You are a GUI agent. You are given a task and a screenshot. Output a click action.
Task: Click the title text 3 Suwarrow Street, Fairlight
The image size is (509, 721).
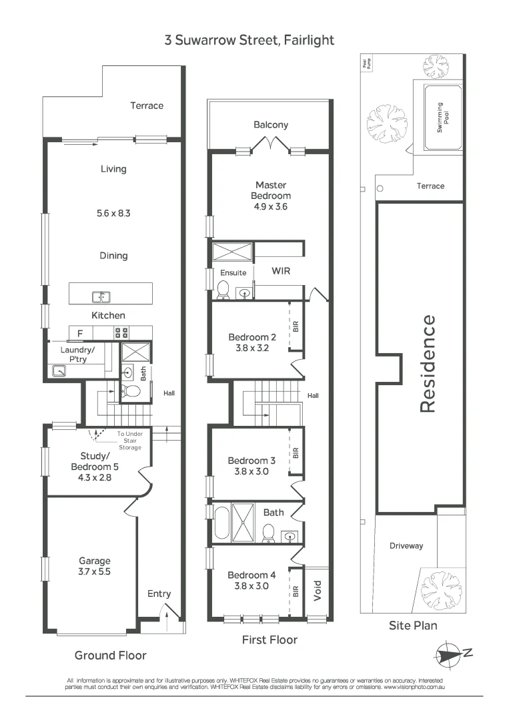tap(249, 41)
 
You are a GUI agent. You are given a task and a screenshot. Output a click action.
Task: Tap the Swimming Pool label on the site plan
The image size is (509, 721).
tap(439, 117)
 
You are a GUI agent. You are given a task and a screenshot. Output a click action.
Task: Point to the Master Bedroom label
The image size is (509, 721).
tap(271, 190)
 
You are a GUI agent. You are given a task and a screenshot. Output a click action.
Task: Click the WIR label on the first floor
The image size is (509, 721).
tap(280, 272)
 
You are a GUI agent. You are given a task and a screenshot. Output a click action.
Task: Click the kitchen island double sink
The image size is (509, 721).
tap(102, 296)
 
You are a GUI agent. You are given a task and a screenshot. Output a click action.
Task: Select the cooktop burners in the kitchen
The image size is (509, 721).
tap(121, 332)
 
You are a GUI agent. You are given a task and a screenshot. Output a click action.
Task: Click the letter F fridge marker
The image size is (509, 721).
tap(80, 332)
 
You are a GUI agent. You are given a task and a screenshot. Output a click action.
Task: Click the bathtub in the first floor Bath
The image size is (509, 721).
tap(221, 523)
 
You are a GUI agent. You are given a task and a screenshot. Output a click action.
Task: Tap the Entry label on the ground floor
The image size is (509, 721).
tap(159, 593)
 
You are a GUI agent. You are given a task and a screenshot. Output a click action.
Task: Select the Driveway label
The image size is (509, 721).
tap(406, 545)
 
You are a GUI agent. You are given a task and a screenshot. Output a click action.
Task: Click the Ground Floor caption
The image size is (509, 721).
tap(110, 655)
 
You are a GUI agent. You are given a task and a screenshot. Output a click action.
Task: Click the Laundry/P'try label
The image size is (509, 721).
tap(78, 354)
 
